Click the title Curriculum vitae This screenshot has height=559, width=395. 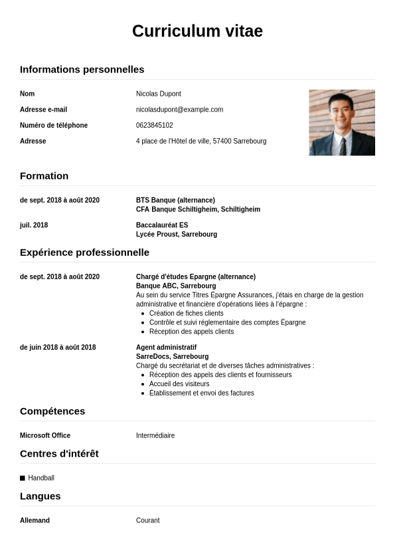coord(197,31)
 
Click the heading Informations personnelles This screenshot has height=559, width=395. coord(82,69)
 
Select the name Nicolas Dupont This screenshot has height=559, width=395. coord(159,94)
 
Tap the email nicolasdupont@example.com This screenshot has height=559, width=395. coord(179,110)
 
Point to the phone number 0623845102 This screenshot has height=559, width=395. coord(154,126)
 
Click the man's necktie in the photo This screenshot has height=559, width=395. coord(343,145)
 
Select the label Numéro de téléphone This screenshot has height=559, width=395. coord(54,126)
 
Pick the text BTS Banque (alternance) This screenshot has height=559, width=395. coord(175,200)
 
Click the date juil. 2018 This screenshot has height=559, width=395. coord(34,225)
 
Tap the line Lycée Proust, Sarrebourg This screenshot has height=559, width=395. coord(176,235)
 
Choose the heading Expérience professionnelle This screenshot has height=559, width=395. coord(84,253)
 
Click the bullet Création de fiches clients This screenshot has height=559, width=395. coord(186,313)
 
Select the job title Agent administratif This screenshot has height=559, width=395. coord(166,348)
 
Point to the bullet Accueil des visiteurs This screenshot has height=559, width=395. coord(179,384)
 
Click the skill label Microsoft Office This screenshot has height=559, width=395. coord(45,435)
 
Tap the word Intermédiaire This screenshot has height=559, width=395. coord(155,435)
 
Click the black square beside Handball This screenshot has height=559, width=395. coord(23,478)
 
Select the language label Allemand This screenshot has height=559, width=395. coord(35,520)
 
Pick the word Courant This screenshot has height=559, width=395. coord(148,520)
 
